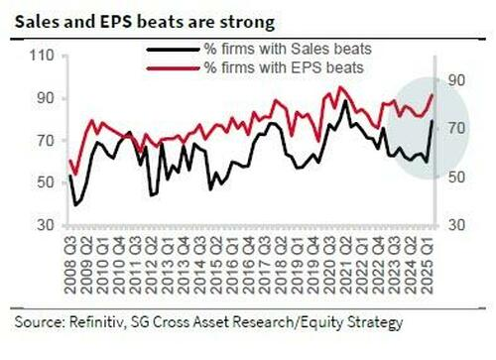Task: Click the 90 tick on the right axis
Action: (455, 81)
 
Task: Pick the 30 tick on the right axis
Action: (455, 226)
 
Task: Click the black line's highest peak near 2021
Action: (343, 101)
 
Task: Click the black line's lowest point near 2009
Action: (75, 205)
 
